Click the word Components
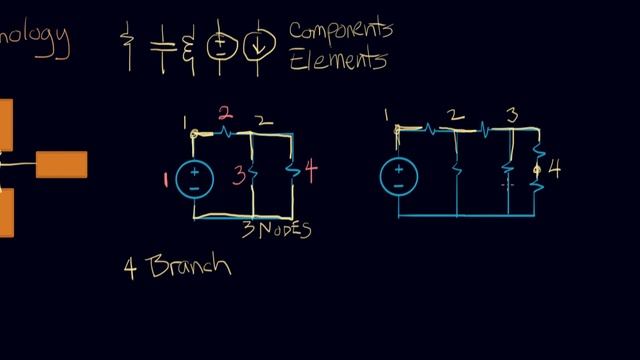coord(340,30)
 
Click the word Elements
coord(337,60)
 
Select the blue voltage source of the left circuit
coord(195,179)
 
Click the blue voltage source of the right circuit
coord(398,177)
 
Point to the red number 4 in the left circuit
coord(311,172)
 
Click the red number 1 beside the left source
coord(165,180)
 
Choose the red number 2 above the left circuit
coord(226,113)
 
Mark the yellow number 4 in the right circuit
coord(555,169)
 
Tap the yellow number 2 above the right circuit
coord(456,116)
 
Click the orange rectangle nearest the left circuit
coord(61,164)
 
